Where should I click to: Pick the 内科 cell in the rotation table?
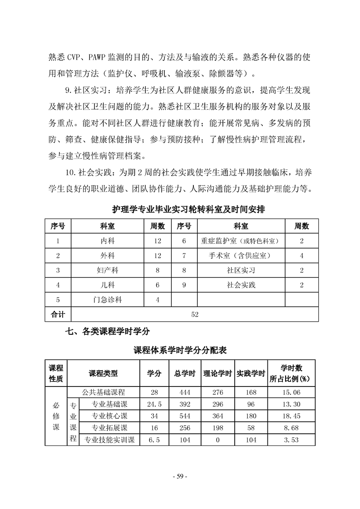108,241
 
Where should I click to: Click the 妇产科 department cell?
108,270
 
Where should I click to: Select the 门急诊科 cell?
108,299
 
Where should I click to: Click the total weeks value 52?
195,314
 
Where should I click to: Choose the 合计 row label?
58,314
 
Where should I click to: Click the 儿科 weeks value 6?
158,285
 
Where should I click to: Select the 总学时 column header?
185,373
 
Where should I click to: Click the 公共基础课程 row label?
104,392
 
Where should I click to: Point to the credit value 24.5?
154,404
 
